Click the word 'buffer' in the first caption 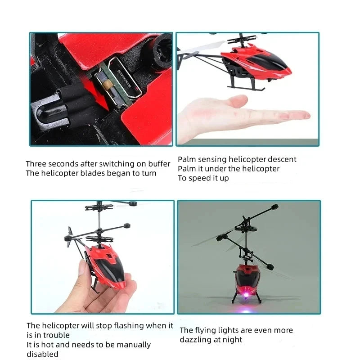point(159,164)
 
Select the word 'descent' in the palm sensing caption point(282,159)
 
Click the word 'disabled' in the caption point(43,354)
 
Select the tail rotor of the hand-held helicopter point(71,234)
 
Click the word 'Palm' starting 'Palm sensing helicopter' point(187,159)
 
